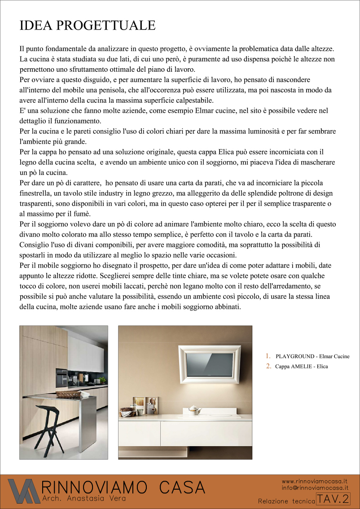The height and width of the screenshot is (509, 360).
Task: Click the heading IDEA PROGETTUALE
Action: [x=88, y=25]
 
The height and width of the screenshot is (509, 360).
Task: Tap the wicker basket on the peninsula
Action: [x=68, y=394]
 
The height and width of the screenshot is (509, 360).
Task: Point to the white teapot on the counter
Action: [x=194, y=409]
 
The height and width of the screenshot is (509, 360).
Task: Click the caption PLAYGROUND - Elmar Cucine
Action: [x=312, y=356]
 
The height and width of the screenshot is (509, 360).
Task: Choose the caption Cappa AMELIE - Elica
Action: [x=301, y=366]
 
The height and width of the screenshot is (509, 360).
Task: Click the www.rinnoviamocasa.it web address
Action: [x=315, y=481]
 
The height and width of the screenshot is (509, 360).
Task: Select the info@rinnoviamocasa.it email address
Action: [x=315, y=487]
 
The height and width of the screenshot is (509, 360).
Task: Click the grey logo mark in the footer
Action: [x=22, y=491]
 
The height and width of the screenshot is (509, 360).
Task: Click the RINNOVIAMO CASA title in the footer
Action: [x=123, y=487]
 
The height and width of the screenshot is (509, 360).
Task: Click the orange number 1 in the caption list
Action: [x=268, y=356]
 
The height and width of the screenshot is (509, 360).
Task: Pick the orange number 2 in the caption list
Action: [x=268, y=366]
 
